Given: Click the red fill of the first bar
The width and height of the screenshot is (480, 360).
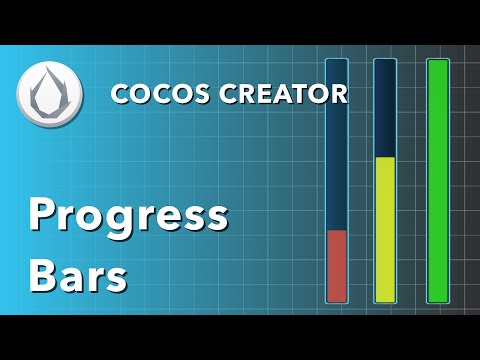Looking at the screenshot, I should [337, 265].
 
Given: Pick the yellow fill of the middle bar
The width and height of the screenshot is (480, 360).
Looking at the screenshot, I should [385, 229].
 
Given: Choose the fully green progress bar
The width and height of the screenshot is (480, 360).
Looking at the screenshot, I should [438, 180].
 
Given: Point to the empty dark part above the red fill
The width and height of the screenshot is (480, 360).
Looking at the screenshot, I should [337, 145].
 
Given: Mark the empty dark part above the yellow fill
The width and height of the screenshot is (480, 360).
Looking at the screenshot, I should [385, 108].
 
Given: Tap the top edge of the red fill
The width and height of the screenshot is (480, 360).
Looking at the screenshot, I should [337, 231].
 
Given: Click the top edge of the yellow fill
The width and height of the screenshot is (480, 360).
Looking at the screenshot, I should [385, 158].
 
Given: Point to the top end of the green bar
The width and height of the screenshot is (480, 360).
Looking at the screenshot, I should [438, 61].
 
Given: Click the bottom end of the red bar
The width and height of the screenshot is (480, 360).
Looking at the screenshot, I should [337, 300].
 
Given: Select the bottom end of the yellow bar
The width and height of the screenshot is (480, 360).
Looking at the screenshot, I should [385, 300].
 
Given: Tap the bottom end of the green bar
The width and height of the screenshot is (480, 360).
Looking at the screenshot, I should [438, 300].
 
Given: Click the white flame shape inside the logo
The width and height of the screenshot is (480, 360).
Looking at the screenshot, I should [43, 96].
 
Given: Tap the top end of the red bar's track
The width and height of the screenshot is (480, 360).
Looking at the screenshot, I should [337, 61].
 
